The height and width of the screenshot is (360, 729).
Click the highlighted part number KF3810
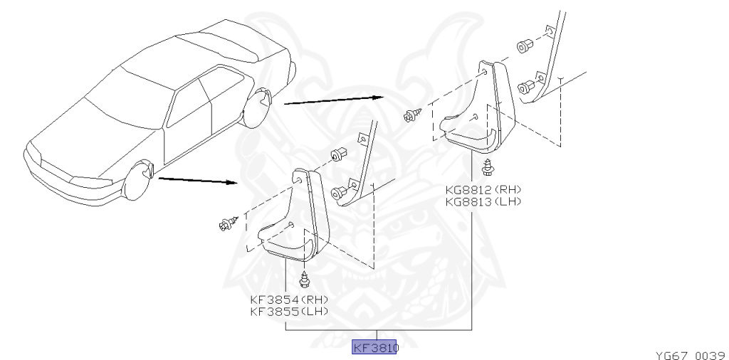point(376,348)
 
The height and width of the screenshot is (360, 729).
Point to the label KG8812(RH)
point(483,189)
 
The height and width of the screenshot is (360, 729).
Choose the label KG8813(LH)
point(483,201)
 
